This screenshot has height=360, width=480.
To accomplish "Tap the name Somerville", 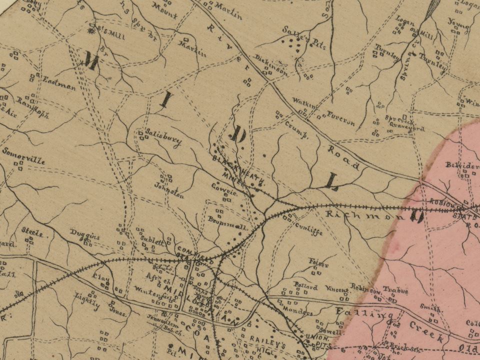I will point(23,155).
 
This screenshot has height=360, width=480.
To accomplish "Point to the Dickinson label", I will point(271,63).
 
